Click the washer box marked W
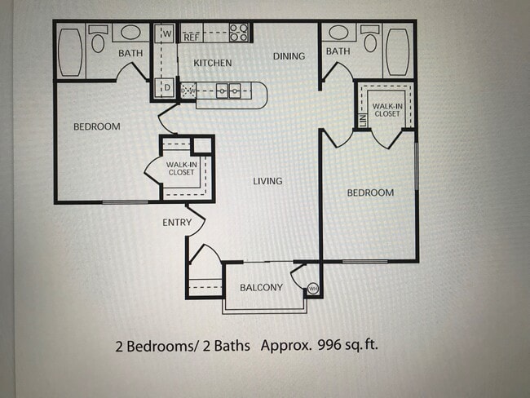click(166, 34)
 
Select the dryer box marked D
click(166, 87)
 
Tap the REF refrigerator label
click(192, 37)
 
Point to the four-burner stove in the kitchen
click(239, 33)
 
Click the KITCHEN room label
click(212, 63)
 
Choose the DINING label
click(289, 56)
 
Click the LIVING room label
click(267, 181)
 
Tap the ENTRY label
click(178, 223)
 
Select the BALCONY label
click(261, 288)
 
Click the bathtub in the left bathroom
click(70, 52)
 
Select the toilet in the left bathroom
click(97, 41)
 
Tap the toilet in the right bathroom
click(371, 41)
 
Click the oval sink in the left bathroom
click(130, 33)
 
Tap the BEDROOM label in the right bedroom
click(370, 193)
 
